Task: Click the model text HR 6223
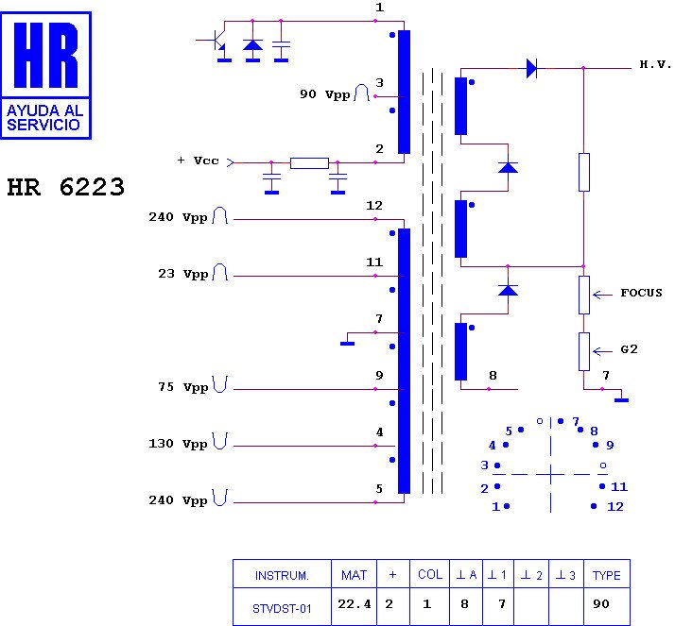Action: (65, 187)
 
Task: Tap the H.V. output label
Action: (654, 65)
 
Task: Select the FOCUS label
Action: (641, 293)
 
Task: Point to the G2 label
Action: (629, 349)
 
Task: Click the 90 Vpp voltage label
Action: (324, 94)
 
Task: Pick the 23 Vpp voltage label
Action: (182, 274)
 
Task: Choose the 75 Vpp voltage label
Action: (182, 387)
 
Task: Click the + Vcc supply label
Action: (198, 161)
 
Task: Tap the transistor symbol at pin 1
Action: (216, 41)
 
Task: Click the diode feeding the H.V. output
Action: (530, 67)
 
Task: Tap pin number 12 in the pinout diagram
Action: (615, 506)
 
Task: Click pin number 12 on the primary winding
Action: (374, 206)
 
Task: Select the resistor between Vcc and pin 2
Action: (309, 162)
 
